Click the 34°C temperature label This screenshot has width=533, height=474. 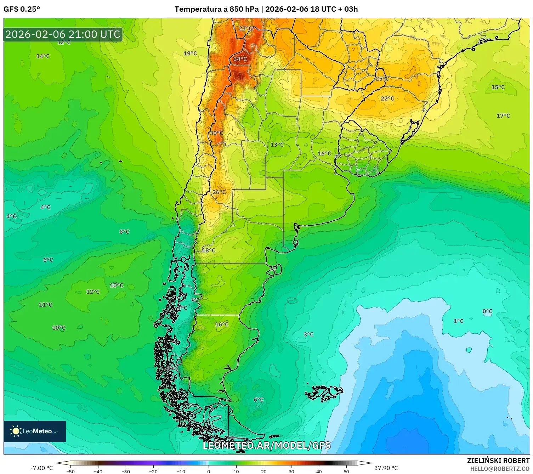tap(240, 59)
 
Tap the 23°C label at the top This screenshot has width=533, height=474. tap(245, 29)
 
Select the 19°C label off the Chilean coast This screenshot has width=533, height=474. tap(190, 53)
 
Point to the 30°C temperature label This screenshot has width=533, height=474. tap(216, 133)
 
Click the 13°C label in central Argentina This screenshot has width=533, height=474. tap(277, 145)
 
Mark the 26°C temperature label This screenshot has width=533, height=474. tap(219, 192)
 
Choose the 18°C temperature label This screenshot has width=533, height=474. tap(209, 250)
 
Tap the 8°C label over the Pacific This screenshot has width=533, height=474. tap(124, 232)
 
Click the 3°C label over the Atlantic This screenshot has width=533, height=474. tap(308, 334)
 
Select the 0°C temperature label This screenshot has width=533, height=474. tap(487, 312)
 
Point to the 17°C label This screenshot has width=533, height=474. tap(503, 116)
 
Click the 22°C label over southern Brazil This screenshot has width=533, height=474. tap(387, 98)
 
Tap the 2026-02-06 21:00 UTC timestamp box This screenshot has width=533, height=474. tap(63, 34)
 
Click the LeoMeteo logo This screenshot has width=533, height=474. tap(35, 431)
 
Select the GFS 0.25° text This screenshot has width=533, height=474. tap(22, 9)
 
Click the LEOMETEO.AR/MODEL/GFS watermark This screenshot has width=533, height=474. tap(266, 445)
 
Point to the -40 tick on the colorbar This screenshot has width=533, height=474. tap(98, 471)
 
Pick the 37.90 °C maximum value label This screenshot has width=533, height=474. tap(386, 468)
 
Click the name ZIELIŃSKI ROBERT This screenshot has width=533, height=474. tap(498, 461)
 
